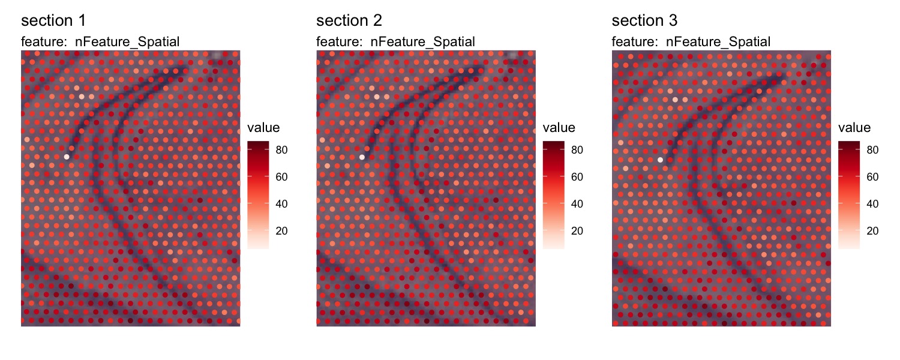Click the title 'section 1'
point(53,21)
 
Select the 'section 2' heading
point(349,21)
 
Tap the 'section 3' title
point(644,21)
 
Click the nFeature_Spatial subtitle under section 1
point(100,41)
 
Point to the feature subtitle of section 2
point(395,41)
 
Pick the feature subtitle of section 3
point(691,41)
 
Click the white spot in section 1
point(67,157)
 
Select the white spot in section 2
point(362,157)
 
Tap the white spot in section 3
point(661,160)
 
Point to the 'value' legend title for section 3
point(854,128)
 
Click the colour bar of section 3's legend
point(849,194)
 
